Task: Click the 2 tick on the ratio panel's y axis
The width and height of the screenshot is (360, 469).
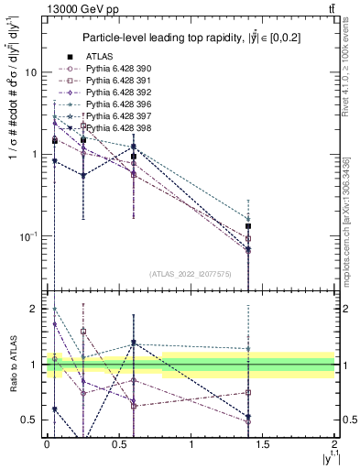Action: [x=38, y=310]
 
